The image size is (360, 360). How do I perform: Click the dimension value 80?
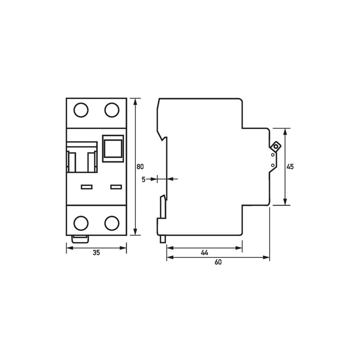140,166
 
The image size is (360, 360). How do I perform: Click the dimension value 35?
96,253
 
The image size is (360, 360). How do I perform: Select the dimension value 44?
204,253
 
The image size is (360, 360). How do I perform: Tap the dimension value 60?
218,262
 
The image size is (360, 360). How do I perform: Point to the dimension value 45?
290,166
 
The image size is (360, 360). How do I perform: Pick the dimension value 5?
144,180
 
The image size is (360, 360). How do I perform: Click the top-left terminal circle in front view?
81,110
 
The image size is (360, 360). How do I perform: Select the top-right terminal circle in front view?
112,110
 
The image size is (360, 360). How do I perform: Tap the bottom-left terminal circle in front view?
81,223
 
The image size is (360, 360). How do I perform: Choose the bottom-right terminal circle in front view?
112,223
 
